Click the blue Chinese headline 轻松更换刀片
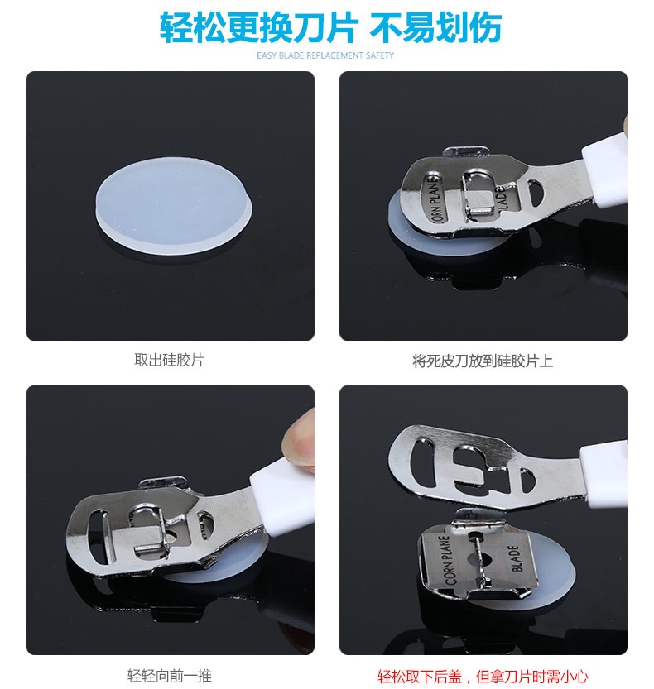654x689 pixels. (x=257, y=27)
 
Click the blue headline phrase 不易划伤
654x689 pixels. (x=435, y=27)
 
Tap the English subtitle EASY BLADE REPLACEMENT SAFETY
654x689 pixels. (x=325, y=55)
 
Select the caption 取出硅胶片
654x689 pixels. (x=170, y=360)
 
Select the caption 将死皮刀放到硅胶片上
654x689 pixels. (x=483, y=361)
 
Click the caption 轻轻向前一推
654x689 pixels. (x=170, y=676)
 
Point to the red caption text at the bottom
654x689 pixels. (x=483, y=676)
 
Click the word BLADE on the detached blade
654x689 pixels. (x=515, y=558)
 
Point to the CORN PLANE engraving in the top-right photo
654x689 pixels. (x=434, y=199)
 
